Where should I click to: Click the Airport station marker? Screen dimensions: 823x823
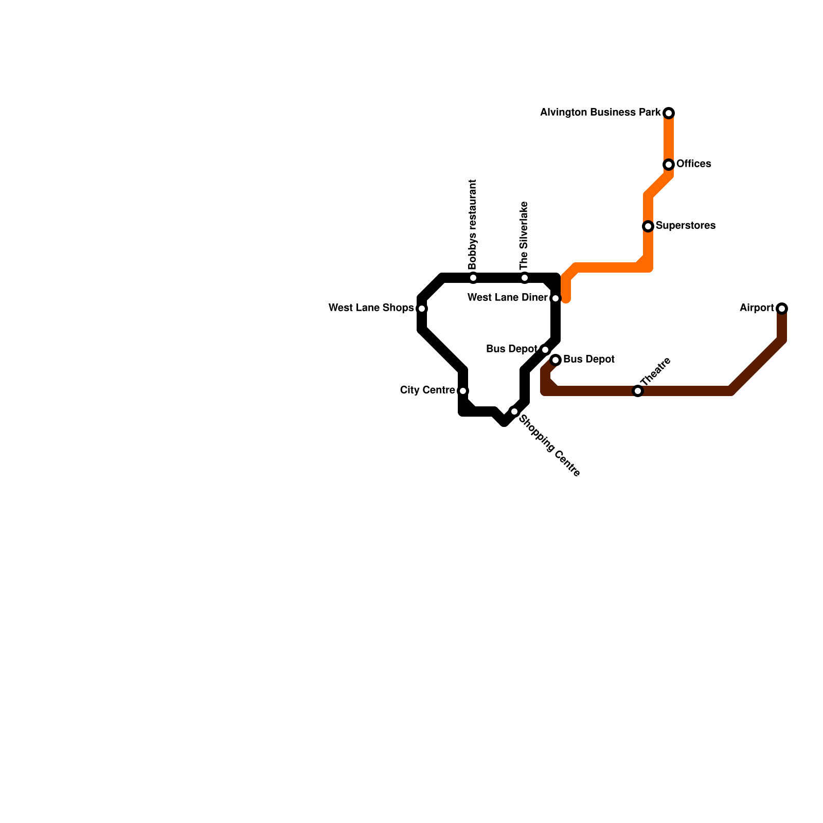[x=782, y=309]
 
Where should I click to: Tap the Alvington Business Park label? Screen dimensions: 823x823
[x=600, y=112]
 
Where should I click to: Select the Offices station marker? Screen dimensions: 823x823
[x=669, y=165]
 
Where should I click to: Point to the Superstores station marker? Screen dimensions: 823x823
[x=648, y=226]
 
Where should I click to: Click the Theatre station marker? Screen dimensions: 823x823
[x=638, y=391]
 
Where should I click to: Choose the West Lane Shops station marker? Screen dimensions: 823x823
[x=422, y=309]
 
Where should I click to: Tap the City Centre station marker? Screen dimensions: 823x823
[x=463, y=391]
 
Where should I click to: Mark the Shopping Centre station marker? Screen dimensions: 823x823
[x=514, y=411]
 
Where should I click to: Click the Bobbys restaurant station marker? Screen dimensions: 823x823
[x=473, y=278]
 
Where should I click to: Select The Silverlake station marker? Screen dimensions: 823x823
[x=525, y=278]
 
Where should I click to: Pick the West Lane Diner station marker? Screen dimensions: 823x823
[x=556, y=298]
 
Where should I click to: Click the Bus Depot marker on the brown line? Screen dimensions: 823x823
[x=556, y=360]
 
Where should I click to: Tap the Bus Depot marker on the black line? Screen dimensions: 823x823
[x=545, y=350]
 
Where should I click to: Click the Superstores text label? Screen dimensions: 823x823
[x=685, y=226]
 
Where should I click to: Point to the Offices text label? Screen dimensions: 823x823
[x=693, y=164]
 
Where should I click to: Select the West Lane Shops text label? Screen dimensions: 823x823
[x=371, y=308]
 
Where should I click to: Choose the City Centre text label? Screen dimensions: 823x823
[x=427, y=390]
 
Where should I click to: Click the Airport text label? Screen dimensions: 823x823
[x=757, y=308]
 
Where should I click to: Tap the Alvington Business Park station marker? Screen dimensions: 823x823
[x=669, y=113]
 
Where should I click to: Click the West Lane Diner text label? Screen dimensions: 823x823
[x=507, y=298]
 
